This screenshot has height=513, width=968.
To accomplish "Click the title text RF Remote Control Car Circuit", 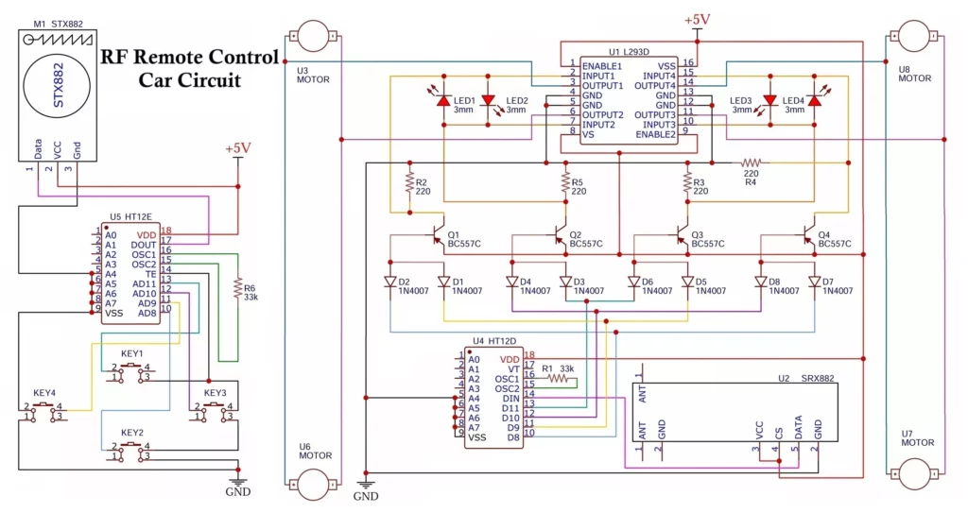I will click(x=189, y=68).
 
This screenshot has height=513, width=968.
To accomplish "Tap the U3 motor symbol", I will click(x=308, y=36).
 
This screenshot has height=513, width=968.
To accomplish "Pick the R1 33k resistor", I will click(x=559, y=379).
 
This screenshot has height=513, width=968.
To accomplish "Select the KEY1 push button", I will click(x=131, y=371).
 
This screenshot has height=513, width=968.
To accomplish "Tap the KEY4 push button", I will click(x=43, y=410).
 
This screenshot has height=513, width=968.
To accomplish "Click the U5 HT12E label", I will click(x=129, y=215).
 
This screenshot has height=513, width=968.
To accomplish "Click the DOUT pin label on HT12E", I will click(x=144, y=244).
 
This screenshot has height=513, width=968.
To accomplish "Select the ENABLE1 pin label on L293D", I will click(x=602, y=65).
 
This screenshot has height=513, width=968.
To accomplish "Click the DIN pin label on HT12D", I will click(x=510, y=399).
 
